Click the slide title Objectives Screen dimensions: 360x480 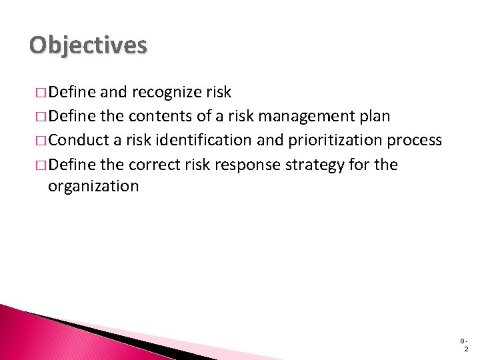[x=88, y=45]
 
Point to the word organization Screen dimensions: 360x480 [x=93, y=186]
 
